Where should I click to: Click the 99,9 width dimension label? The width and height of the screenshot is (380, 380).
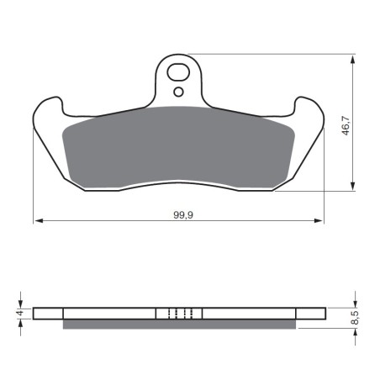(183, 215)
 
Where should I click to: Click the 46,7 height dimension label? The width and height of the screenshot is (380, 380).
(346, 125)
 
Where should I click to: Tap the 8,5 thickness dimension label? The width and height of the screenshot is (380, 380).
(355, 318)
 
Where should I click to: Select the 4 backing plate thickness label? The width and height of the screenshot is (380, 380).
(19, 313)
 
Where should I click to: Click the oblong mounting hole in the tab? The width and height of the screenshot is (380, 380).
(178, 72)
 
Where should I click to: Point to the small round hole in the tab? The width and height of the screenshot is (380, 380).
(178, 92)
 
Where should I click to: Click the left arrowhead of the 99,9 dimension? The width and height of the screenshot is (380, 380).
(38, 221)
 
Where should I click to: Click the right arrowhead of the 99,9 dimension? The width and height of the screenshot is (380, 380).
(319, 221)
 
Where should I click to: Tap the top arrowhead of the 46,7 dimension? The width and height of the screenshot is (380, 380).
(353, 60)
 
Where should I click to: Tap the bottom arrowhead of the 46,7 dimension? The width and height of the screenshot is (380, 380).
(353, 186)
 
